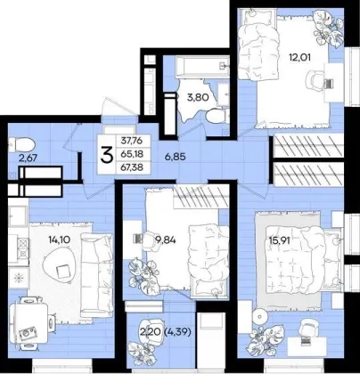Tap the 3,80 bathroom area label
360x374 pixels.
point(198,97)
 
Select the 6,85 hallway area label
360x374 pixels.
point(176,157)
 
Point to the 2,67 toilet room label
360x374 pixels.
point(28,158)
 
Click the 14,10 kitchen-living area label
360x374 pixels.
point(60,240)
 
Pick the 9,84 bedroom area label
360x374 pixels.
point(166,240)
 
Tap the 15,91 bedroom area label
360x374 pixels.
point(279,240)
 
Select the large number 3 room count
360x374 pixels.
point(107,155)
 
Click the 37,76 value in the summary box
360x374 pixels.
point(132,141)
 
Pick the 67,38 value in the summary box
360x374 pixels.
point(132,167)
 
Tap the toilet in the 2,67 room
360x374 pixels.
point(21,145)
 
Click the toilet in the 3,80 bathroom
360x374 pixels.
point(216,116)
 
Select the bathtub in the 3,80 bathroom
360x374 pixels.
point(202,67)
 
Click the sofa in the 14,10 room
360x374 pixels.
point(96,274)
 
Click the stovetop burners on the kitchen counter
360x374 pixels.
point(23,248)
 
